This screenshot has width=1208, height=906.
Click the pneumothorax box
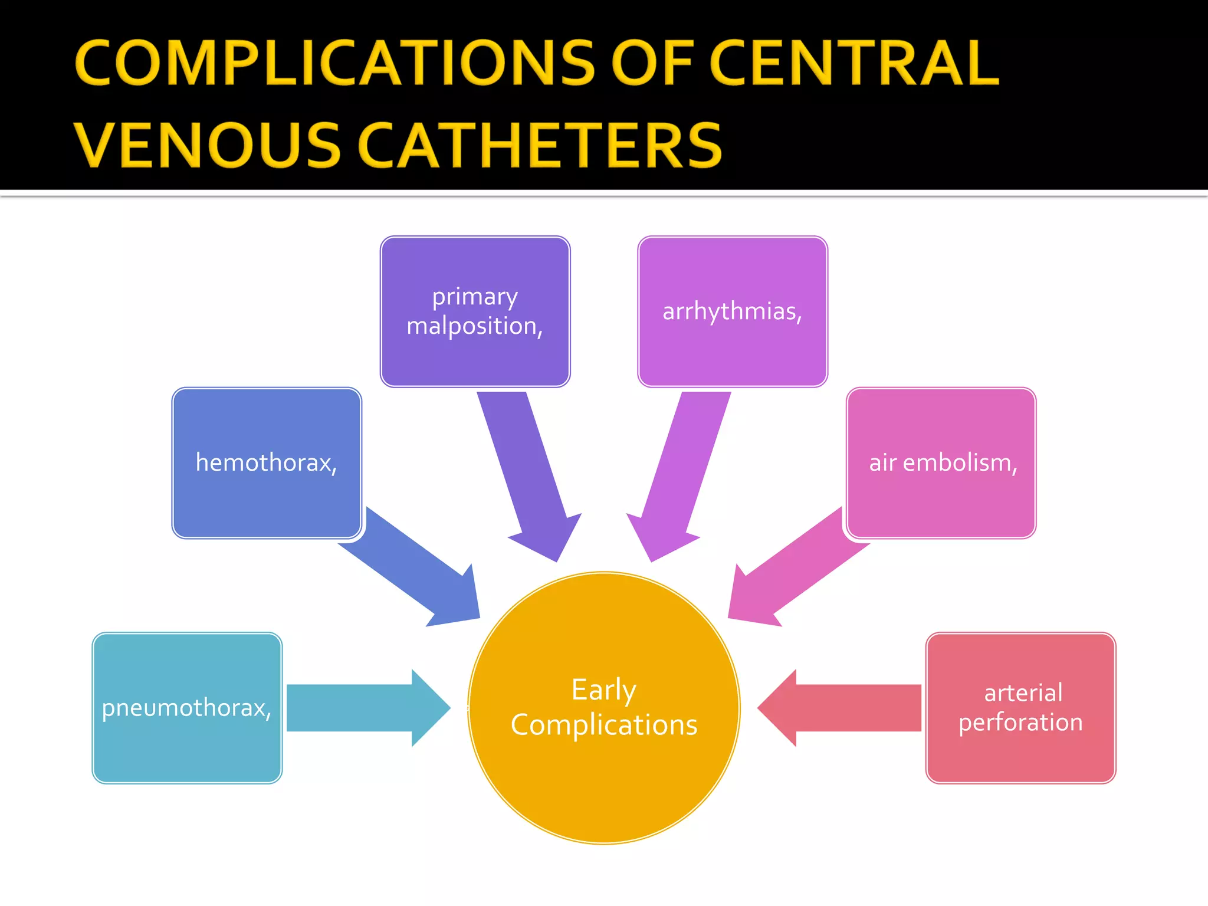tap(187, 708)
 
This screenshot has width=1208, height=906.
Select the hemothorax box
tap(267, 463)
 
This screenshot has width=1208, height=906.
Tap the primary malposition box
tap(475, 311)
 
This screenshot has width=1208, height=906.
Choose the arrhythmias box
tap(732, 311)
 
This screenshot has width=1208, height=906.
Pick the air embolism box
tap(941, 463)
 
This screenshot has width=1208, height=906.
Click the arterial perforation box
tap(1020, 708)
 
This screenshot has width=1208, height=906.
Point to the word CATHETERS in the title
tap(539, 145)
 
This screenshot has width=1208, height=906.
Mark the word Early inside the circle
tap(603, 690)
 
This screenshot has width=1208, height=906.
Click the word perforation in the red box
tap(1020, 723)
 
